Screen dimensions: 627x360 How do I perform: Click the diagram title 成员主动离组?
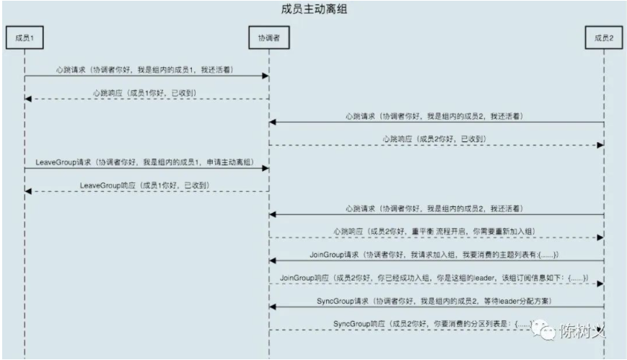[x=314, y=10]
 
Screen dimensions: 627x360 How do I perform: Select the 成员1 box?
[x=25, y=38]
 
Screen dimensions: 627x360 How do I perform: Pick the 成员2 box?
[x=603, y=38]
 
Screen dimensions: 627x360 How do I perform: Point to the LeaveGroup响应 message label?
[x=144, y=185]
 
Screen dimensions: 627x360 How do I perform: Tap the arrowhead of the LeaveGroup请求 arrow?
[x=266, y=168]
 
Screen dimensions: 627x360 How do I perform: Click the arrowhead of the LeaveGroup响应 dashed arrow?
[x=28, y=191]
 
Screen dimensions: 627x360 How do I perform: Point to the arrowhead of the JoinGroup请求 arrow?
[x=272, y=260]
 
